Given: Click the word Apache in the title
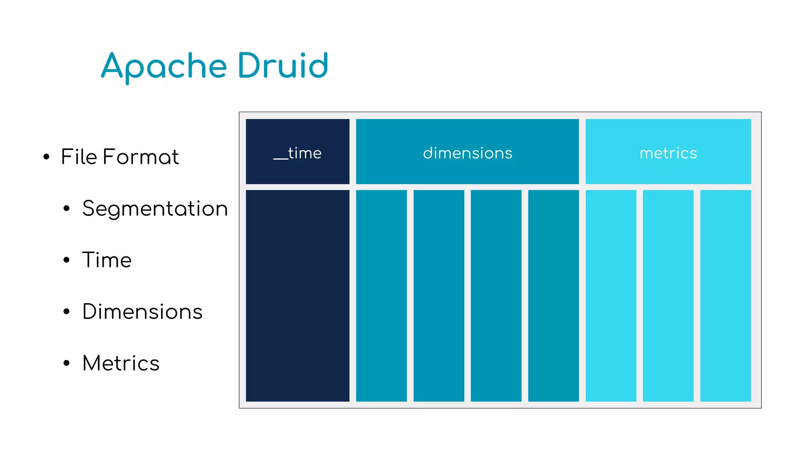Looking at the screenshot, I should (164, 66).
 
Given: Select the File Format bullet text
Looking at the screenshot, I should (120, 157).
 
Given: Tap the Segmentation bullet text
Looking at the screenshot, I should (155, 208).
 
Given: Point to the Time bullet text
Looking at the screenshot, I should (107, 260).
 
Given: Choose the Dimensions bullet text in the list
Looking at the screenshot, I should (142, 311).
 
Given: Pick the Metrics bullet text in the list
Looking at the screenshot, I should (121, 363).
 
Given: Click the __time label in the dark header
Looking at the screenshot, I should (298, 153).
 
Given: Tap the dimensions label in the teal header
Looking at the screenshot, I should (467, 153).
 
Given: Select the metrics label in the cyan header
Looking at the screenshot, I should (668, 153).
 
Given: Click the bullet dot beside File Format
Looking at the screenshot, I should (46, 157).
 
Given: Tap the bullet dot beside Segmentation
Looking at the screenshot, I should (66, 209).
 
